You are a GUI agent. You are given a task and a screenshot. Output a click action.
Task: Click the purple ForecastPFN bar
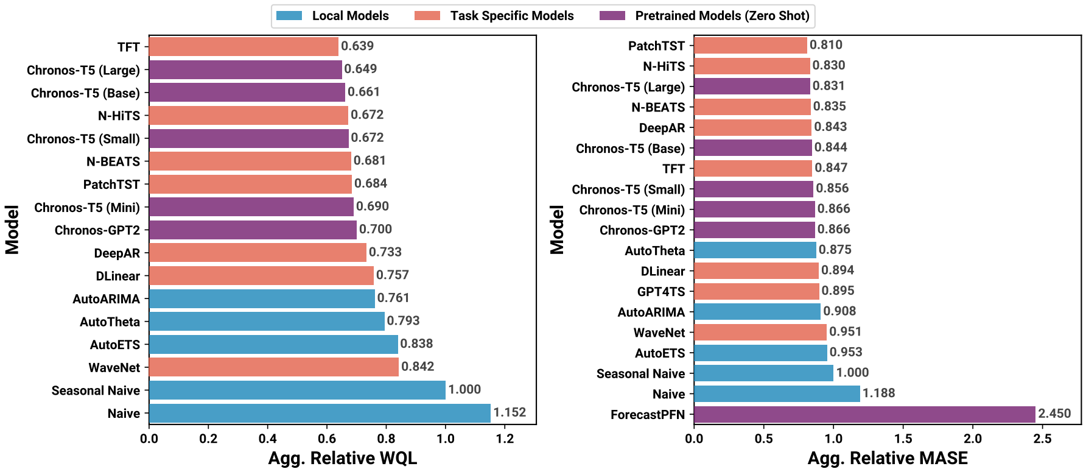[x=864, y=414]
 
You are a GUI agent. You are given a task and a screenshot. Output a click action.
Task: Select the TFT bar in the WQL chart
[x=243, y=47]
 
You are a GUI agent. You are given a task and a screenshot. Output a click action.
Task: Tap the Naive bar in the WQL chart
[x=320, y=413]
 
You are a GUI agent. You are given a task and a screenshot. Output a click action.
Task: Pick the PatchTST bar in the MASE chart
[x=750, y=45]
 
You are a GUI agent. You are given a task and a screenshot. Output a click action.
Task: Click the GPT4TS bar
[x=756, y=291]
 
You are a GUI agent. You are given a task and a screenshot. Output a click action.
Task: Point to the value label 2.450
[x=1054, y=414]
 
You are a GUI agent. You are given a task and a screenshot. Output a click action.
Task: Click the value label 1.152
[x=510, y=412]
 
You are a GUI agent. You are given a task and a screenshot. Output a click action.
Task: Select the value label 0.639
[x=357, y=46]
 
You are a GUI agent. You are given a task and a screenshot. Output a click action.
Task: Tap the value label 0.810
[x=826, y=44]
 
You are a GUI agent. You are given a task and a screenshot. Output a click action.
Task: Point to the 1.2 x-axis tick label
[x=505, y=439]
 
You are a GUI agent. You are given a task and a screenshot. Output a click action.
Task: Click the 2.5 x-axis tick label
[x=1043, y=439]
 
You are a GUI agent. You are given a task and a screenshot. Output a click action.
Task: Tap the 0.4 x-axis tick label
[x=267, y=439]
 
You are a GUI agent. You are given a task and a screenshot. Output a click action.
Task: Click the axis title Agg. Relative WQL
[x=343, y=458]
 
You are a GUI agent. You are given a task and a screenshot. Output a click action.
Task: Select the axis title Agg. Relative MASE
[x=888, y=458]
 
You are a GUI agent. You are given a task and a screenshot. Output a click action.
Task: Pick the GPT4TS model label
[x=660, y=292]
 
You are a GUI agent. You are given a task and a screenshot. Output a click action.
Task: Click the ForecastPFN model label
[x=648, y=415]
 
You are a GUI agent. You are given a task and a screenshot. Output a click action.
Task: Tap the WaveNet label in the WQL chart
[x=114, y=368]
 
